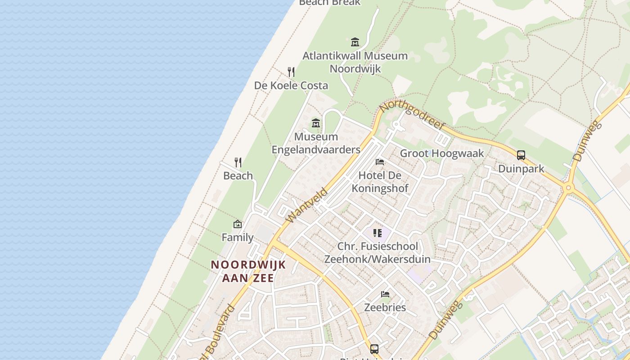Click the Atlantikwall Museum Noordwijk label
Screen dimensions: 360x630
[x=355, y=62]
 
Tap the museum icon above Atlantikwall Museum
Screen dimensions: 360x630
[x=355, y=42]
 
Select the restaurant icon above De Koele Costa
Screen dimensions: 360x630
[x=291, y=72]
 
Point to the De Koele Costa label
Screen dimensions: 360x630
[x=291, y=85]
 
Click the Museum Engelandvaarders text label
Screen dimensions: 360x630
[x=316, y=143]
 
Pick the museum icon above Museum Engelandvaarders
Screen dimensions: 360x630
[x=316, y=123]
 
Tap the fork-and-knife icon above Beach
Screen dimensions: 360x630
[x=238, y=162]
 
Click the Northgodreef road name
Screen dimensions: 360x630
[x=412, y=114]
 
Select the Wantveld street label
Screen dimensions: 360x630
[x=307, y=205]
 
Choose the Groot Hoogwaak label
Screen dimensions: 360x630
[x=442, y=153]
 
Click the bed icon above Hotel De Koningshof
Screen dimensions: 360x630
[x=380, y=162]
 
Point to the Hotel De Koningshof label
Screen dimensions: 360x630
[x=380, y=181]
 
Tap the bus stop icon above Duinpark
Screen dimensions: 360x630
[x=521, y=155]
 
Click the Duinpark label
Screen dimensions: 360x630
[x=521, y=169]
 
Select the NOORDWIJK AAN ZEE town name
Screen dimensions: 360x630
[x=248, y=271]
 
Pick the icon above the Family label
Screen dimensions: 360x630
[x=238, y=224]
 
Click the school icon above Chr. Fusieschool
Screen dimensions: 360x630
[x=378, y=233]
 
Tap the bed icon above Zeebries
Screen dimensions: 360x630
[x=385, y=294]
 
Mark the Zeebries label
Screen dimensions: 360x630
[x=385, y=308]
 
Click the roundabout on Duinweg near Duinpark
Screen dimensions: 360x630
[x=568, y=188]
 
